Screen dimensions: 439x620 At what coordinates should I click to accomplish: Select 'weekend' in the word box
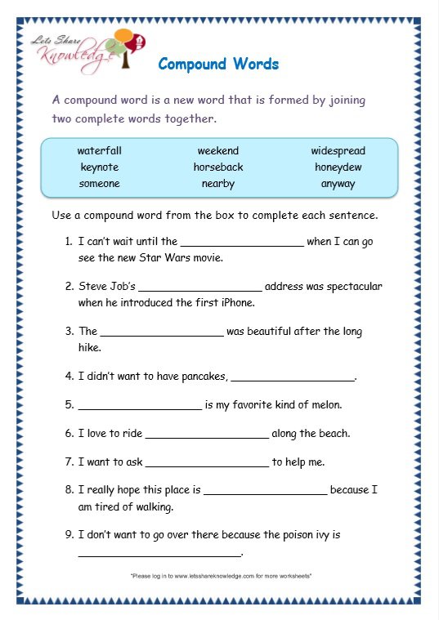[218, 151]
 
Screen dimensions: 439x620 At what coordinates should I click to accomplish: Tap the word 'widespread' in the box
[338, 151]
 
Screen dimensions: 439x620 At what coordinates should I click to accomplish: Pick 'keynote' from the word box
[99, 167]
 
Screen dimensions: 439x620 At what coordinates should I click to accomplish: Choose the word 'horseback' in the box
[218, 167]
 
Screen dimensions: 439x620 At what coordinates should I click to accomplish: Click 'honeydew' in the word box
[338, 167]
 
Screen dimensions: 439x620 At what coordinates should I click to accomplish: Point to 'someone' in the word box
[99, 184]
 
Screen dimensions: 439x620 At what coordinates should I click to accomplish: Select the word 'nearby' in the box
[218, 184]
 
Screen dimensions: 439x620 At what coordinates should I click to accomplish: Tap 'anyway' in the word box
[338, 184]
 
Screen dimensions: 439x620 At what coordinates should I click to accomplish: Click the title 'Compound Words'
[218, 64]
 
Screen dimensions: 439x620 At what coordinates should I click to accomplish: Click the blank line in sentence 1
[241, 243]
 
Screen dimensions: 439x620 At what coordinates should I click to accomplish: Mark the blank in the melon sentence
[139, 407]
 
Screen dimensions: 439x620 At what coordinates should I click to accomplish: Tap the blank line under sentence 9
[159, 555]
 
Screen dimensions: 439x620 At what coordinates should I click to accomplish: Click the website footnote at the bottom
[221, 577]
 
